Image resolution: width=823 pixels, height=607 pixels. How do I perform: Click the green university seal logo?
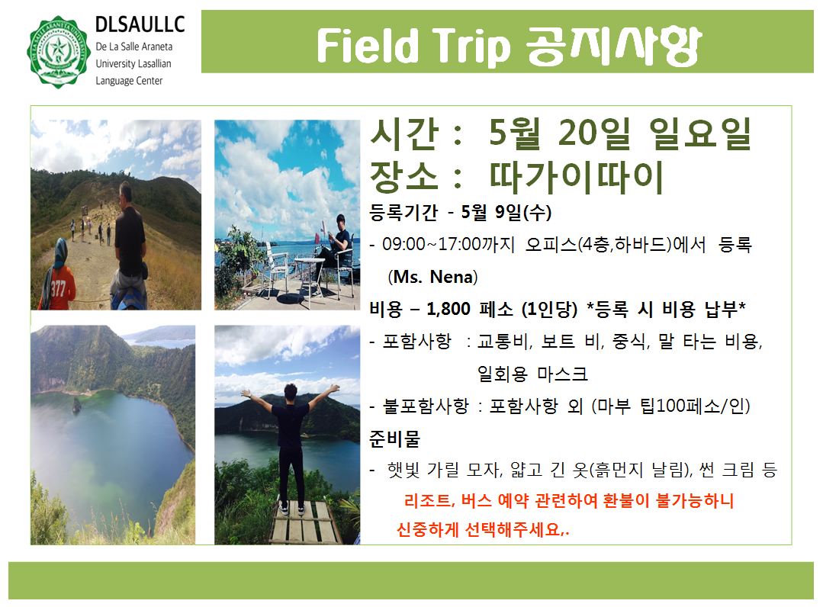58,52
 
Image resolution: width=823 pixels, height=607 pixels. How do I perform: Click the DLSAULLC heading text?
140,24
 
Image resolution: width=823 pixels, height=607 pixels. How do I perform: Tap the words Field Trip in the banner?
413,46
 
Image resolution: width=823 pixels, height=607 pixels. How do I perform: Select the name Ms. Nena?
433,277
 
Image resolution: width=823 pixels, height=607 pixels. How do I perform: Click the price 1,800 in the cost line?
448,309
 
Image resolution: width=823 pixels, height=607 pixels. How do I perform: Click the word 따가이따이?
577,178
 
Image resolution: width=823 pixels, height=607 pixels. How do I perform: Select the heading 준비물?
394,438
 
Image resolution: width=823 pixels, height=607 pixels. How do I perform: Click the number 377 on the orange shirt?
57,288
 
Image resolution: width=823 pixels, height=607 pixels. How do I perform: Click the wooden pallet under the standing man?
304,522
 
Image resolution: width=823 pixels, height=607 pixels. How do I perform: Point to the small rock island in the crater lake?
77,405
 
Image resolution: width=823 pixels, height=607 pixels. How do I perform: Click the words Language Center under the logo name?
129,81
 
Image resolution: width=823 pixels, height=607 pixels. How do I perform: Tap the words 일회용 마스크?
532,374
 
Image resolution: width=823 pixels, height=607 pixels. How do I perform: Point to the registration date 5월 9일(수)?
506,212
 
